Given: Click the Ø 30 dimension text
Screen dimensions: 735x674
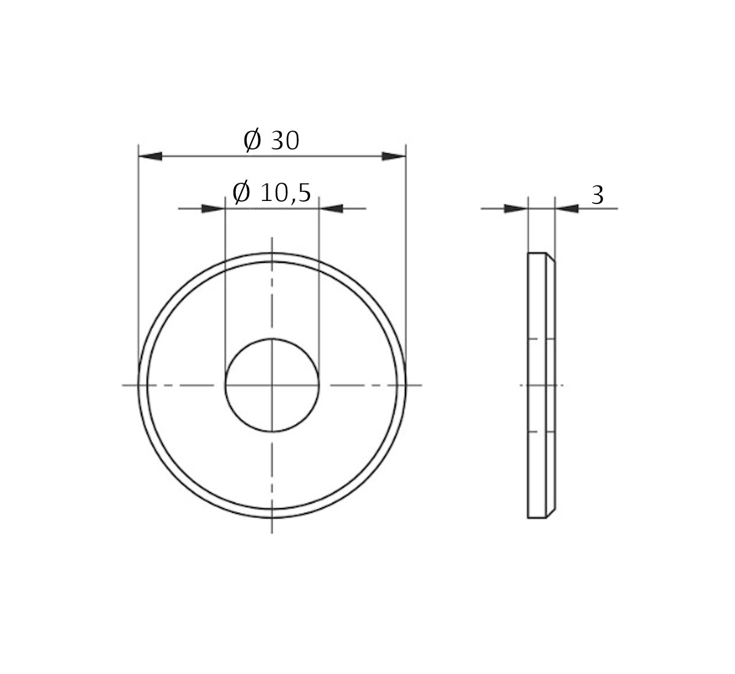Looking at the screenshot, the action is click(x=271, y=141).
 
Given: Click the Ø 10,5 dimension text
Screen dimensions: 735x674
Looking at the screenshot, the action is click(x=271, y=192).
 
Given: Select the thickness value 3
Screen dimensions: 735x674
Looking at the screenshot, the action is click(x=597, y=195).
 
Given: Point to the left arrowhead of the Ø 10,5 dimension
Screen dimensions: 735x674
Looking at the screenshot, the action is click(x=213, y=209).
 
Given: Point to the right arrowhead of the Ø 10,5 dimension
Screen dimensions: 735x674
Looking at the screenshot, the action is click(x=331, y=209).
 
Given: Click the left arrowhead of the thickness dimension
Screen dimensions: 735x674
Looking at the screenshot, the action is click(x=515, y=209).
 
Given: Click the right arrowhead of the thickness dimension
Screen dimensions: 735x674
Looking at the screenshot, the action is click(x=567, y=209).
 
